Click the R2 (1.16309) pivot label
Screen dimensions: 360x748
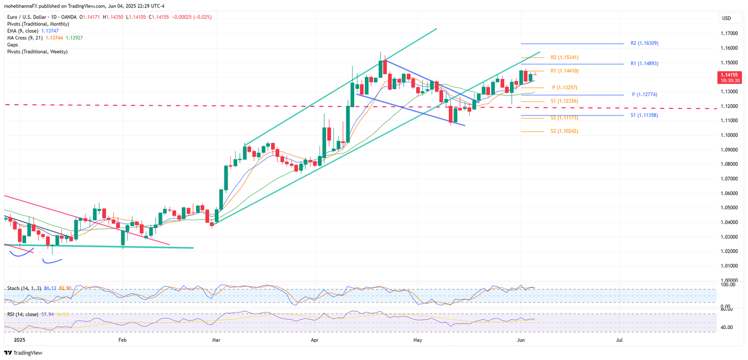click(647, 43)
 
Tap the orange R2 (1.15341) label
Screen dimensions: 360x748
click(564, 57)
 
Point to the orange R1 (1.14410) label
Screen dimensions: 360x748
click(564, 71)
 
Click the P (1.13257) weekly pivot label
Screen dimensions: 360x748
click(564, 87)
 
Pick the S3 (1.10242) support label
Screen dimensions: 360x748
click(564, 131)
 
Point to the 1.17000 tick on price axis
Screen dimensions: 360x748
click(729, 33)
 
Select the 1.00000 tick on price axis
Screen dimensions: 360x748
click(729, 280)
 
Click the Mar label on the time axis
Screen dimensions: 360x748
click(216, 340)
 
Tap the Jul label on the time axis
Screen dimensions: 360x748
click(619, 340)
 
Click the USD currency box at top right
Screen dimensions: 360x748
click(727, 18)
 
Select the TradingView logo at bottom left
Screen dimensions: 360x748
click(23, 353)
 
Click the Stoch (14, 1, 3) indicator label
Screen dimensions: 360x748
click(24, 288)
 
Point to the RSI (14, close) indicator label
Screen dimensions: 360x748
click(22, 315)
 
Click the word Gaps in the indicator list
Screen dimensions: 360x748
click(12, 45)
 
